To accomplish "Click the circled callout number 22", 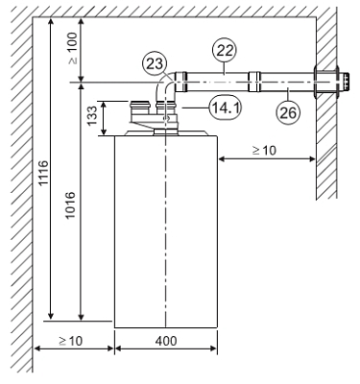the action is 225,50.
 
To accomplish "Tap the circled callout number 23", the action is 155,63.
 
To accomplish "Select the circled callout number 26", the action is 289,112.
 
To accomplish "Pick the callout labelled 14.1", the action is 226,108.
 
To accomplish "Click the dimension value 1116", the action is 43,173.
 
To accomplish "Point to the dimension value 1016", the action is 69,205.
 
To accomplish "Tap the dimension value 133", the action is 92,116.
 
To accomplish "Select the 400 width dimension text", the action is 166,341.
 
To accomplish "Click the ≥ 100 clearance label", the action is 73,48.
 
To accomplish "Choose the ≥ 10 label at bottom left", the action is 71,341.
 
